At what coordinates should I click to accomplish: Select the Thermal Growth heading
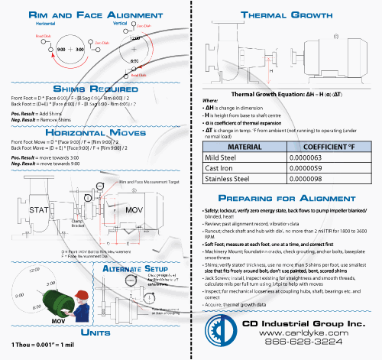(285, 15)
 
